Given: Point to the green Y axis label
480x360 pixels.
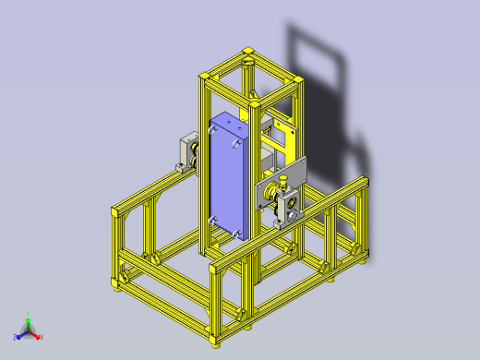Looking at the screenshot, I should (28, 314).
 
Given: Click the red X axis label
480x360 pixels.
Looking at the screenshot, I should (41, 337).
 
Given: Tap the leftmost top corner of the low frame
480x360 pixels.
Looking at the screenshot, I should (114, 211).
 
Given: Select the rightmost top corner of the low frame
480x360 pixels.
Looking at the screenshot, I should (365, 182).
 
